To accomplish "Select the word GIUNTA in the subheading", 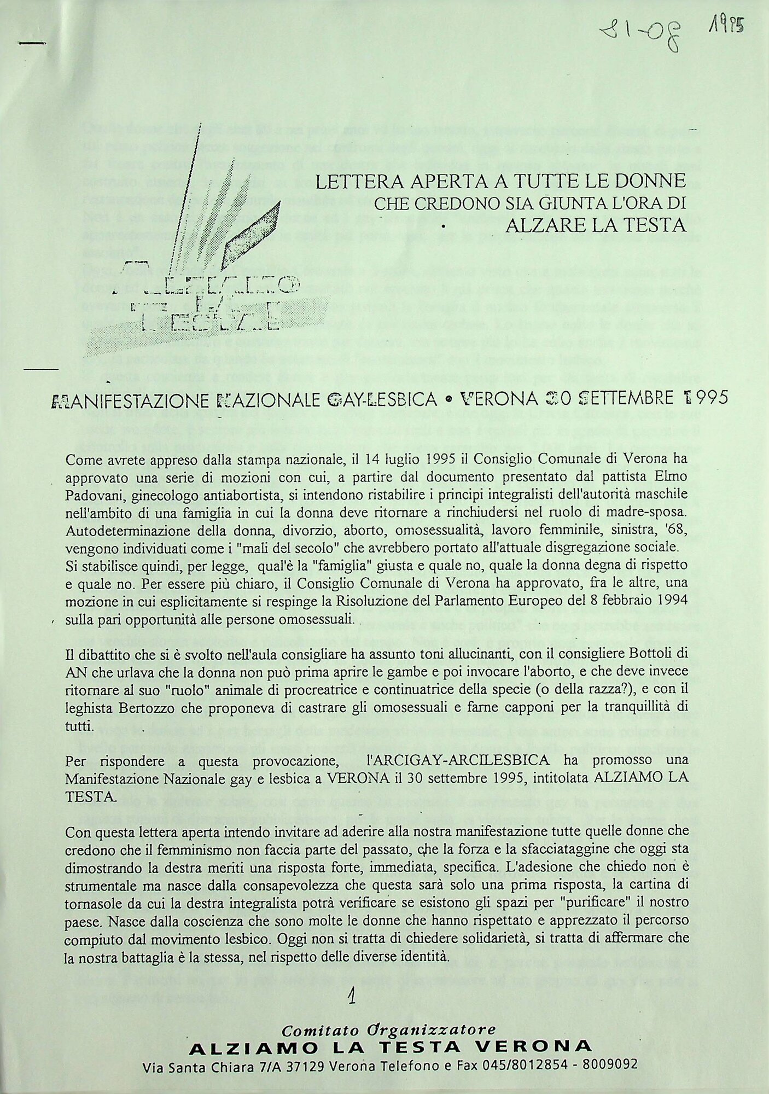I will click(x=553, y=203).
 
